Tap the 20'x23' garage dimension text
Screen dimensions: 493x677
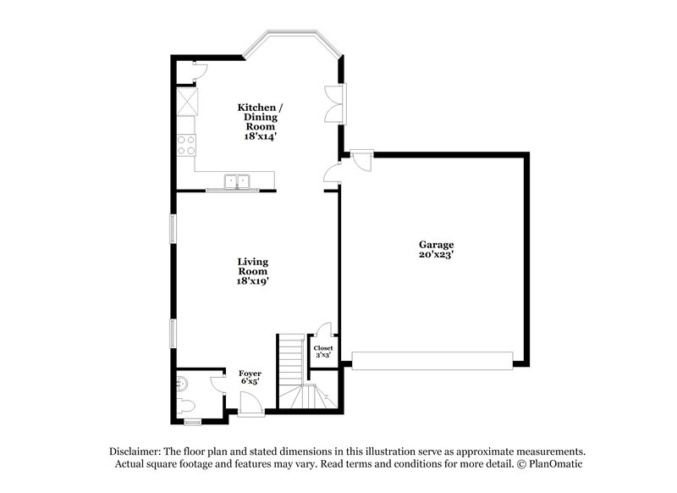pos(436,253)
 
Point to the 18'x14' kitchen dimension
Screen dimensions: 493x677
pos(255,136)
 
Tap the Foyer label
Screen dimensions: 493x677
pos(250,373)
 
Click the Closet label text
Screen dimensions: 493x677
pos(323,348)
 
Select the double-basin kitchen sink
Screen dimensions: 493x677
pos(237,180)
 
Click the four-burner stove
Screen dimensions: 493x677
pos(185,145)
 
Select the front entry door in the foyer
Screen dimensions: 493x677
pos(250,408)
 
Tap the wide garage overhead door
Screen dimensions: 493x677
pos(432,362)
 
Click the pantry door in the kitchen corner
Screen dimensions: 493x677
pos(198,71)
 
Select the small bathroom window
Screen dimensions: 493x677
pos(193,421)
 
